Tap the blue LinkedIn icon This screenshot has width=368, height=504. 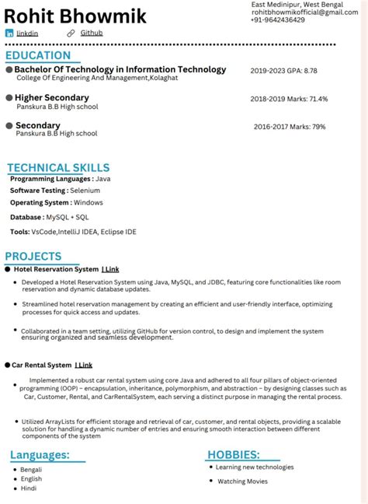point(9,33)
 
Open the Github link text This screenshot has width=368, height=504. point(91,33)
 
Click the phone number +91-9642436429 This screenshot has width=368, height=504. point(278,20)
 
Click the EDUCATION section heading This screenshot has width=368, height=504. point(38,56)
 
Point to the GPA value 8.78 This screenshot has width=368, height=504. point(310,71)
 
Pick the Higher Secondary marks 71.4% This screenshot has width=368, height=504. point(318,100)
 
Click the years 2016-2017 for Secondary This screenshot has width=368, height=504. point(270,127)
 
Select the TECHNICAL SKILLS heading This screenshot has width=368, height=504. point(58,168)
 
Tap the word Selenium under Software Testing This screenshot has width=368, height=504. point(85,190)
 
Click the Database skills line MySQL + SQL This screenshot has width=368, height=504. point(68,217)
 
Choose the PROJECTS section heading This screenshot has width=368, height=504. point(33,257)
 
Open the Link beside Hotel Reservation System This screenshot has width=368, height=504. point(110,269)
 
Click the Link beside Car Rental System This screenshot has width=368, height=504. point(84,365)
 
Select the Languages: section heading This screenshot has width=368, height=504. point(40,455)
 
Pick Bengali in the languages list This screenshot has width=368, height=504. point(31,470)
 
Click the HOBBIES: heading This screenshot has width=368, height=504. point(233,454)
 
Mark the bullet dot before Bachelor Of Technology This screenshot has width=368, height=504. point(9,70)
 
